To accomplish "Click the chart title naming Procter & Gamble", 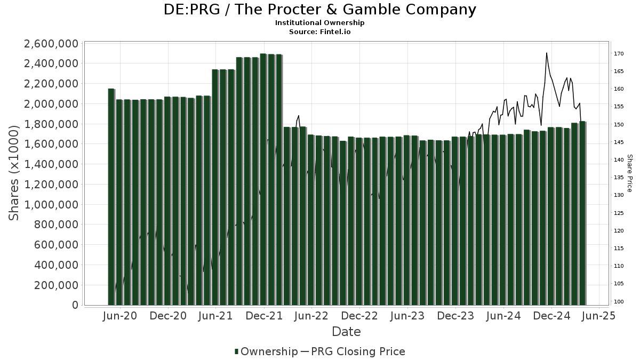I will [x=319, y=10].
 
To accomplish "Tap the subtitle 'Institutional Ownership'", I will [x=319, y=23].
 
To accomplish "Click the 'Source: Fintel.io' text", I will [x=319, y=31].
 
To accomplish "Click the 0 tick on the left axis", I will [x=75, y=305].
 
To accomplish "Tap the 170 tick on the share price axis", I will [x=619, y=53].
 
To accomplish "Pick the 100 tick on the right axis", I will [x=619, y=301].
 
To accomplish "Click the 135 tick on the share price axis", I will [x=619, y=178].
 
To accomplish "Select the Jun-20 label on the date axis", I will [x=120, y=316].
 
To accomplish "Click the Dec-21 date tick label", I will [x=264, y=316].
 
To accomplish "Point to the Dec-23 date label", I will [x=456, y=316].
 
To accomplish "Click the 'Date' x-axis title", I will [x=346, y=332].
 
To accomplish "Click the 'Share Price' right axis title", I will [x=629, y=173].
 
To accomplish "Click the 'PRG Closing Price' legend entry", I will [x=358, y=351].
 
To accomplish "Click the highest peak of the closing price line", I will [x=546, y=53].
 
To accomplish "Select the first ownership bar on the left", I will [x=111, y=197].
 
